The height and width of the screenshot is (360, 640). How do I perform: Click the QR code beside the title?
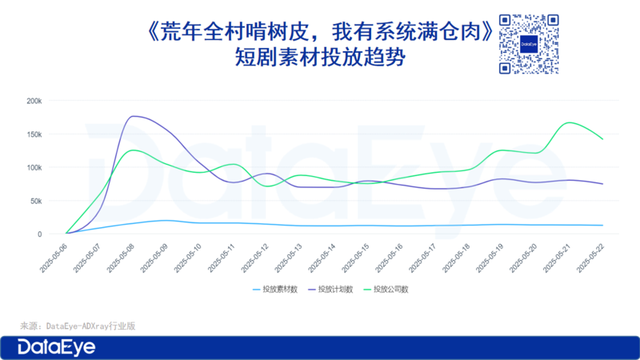529,44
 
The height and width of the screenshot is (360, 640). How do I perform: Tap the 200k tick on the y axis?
34,101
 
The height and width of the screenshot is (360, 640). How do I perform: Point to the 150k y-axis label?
34,134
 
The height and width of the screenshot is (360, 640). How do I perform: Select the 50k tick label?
36,201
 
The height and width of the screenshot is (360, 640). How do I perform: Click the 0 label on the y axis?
39,234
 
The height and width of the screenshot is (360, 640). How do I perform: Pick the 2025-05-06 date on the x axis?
54,258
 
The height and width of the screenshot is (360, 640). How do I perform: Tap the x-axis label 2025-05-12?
254,258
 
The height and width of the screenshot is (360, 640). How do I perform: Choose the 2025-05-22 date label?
590,258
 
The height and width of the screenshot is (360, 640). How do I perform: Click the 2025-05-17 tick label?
422,258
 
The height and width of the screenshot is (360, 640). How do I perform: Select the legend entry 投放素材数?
275,290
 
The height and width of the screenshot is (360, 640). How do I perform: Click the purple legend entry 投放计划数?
330,290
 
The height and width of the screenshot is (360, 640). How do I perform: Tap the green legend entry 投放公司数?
386,290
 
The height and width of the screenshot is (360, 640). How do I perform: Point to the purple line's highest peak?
133,116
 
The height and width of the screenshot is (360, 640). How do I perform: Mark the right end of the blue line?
603,226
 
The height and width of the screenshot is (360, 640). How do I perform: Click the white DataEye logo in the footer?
56,347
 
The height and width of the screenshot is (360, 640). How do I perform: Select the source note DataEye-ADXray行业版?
90,326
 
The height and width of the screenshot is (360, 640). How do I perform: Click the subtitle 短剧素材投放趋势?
320,57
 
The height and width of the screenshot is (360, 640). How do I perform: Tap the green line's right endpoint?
603,139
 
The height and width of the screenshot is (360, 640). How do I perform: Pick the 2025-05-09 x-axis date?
154,258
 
